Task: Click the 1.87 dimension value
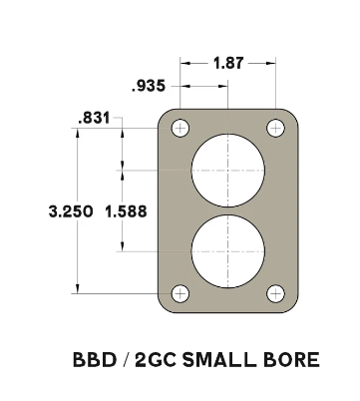click(228, 63)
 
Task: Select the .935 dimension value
click(149, 86)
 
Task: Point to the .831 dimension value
click(94, 118)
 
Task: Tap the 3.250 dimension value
click(71, 211)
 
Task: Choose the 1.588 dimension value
click(126, 211)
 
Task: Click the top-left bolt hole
click(180, 128)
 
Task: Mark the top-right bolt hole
click(275, 128)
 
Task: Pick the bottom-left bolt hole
click(180, 294)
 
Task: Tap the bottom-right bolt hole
click(275, 294)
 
